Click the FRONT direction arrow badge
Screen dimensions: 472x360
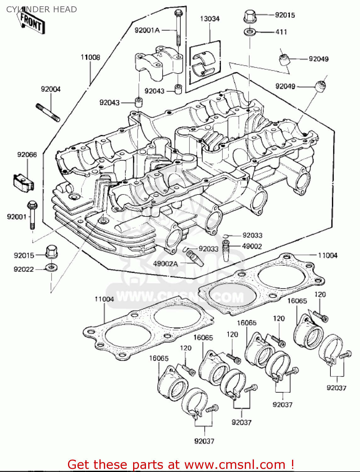[31, 22]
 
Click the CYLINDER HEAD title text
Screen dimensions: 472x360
[41, 9]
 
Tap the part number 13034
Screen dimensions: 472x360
[210, 19]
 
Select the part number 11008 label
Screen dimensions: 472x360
[90, 57]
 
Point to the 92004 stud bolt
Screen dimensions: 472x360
[48, 112]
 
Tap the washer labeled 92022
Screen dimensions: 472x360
[51, 268]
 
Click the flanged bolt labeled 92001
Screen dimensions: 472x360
[32, 214]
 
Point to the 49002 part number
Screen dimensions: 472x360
[252, 246]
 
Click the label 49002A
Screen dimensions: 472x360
[166, 264]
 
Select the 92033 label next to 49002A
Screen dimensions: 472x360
[208, 249]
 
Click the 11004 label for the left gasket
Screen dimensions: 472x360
[104, 299]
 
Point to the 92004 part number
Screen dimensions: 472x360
[51, 89]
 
